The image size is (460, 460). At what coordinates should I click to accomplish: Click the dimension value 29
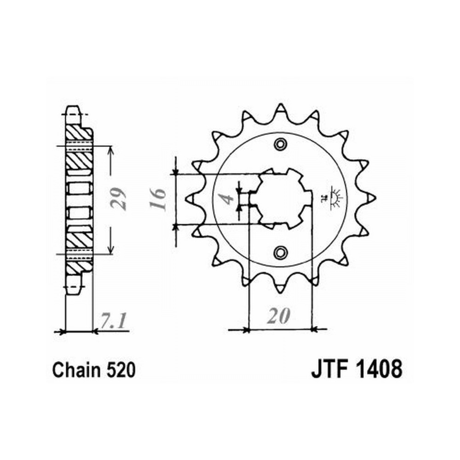tap(119, 199)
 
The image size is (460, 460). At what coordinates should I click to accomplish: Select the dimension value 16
tap(158, 199)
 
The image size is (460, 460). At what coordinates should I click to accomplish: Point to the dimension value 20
tap(279, 316)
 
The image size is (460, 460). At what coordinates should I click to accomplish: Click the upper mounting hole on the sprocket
tap(280, 144)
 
